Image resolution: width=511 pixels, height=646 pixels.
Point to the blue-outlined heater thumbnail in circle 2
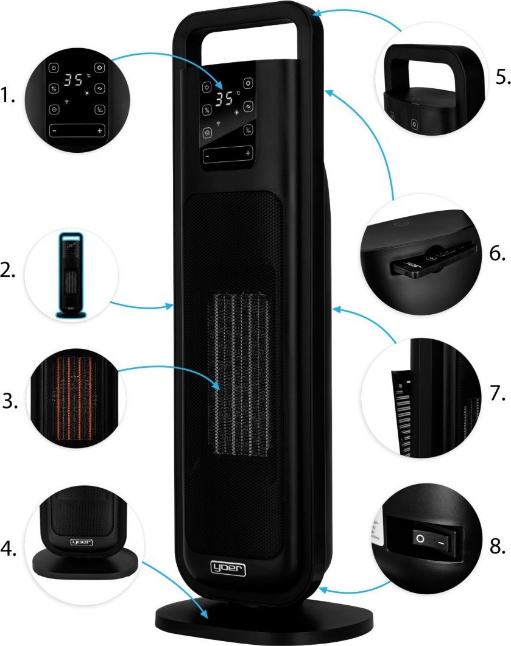[x=71, y=274]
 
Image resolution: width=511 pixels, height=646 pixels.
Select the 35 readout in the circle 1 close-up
[x=74, y=79]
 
